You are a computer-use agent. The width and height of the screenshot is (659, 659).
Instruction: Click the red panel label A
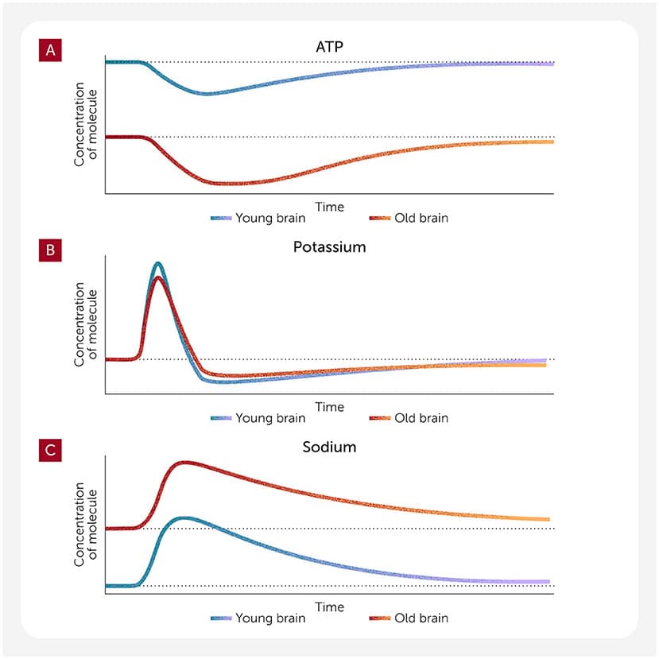click(50, 51)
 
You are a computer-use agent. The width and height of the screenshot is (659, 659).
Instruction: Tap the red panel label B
click(50, 251)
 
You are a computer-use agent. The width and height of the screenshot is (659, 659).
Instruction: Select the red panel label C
click(50, 452)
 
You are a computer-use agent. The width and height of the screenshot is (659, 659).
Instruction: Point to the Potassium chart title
click(329, 247)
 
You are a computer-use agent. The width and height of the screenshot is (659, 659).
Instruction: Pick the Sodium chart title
click(329, 447)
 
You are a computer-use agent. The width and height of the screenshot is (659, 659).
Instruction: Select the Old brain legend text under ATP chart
click(421, 218)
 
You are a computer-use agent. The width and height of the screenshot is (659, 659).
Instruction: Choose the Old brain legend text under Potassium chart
click(421, 418)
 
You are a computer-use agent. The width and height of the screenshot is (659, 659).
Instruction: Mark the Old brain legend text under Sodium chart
click(421, 618)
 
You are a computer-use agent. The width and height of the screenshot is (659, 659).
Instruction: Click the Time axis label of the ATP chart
click(329, 207)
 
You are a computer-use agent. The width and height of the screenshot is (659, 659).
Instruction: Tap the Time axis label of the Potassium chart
click(329, 407)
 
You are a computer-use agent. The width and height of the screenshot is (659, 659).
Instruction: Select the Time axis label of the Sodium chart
click(329, 607)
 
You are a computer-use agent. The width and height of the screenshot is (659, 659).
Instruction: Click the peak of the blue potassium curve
click(158, 264)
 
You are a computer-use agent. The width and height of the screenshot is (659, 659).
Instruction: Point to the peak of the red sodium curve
click(184, 463)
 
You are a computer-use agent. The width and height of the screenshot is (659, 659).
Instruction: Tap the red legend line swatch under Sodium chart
click(380, 618)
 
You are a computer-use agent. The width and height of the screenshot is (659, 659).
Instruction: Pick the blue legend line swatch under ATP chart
click(220, 218)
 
